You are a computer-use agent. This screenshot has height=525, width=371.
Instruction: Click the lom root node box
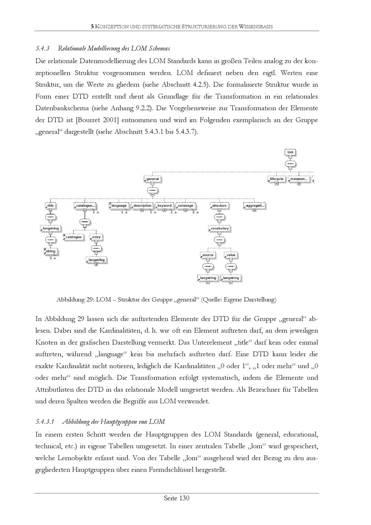point(290,152)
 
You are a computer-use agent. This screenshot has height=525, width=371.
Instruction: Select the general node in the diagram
point(152,179)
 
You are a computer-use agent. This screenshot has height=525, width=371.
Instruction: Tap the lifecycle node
point(276,179)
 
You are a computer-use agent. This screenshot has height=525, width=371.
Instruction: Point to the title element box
point(50,206)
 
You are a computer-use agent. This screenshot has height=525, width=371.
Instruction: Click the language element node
point(119,206)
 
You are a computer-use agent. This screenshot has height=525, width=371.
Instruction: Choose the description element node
point(142,206)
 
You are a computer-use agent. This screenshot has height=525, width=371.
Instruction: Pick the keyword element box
point(164,206)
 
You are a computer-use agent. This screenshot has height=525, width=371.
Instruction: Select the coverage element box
point(185,206)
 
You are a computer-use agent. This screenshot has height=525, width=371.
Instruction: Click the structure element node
point(219,206)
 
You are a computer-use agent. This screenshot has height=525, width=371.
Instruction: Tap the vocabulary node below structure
point(219,229)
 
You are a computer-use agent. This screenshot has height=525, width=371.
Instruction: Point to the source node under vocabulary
point(208,255)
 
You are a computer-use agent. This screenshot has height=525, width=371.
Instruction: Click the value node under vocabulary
point(231,255)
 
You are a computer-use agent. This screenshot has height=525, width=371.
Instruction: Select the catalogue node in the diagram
point(73,237)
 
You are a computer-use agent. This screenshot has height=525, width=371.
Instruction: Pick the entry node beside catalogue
point(96,237)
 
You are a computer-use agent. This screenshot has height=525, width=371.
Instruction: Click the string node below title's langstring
point(50,251)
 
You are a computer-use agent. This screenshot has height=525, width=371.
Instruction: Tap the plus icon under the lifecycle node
point(276,184)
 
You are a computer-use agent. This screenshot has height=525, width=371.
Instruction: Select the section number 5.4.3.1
point(45,422)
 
